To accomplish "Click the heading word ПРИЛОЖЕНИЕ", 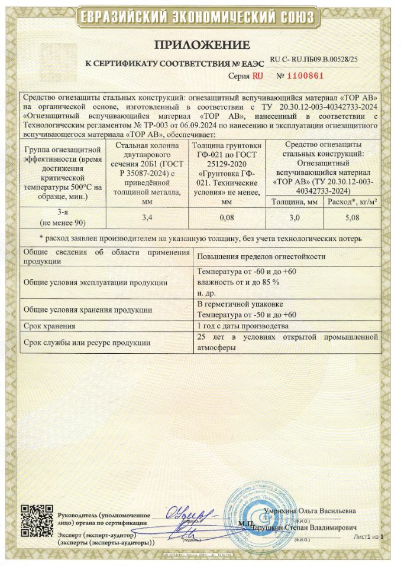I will point(200,45).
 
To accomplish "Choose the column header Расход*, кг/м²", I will point(351,201).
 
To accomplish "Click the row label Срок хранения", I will point(50,326).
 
